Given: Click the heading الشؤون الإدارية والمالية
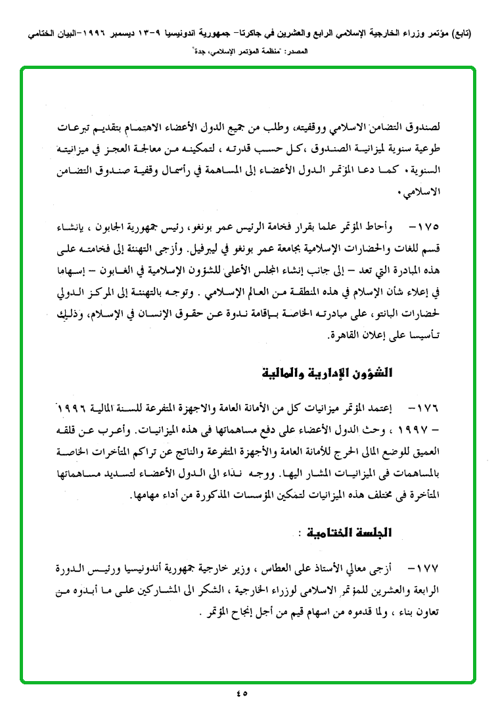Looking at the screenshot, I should pos(327,374).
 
